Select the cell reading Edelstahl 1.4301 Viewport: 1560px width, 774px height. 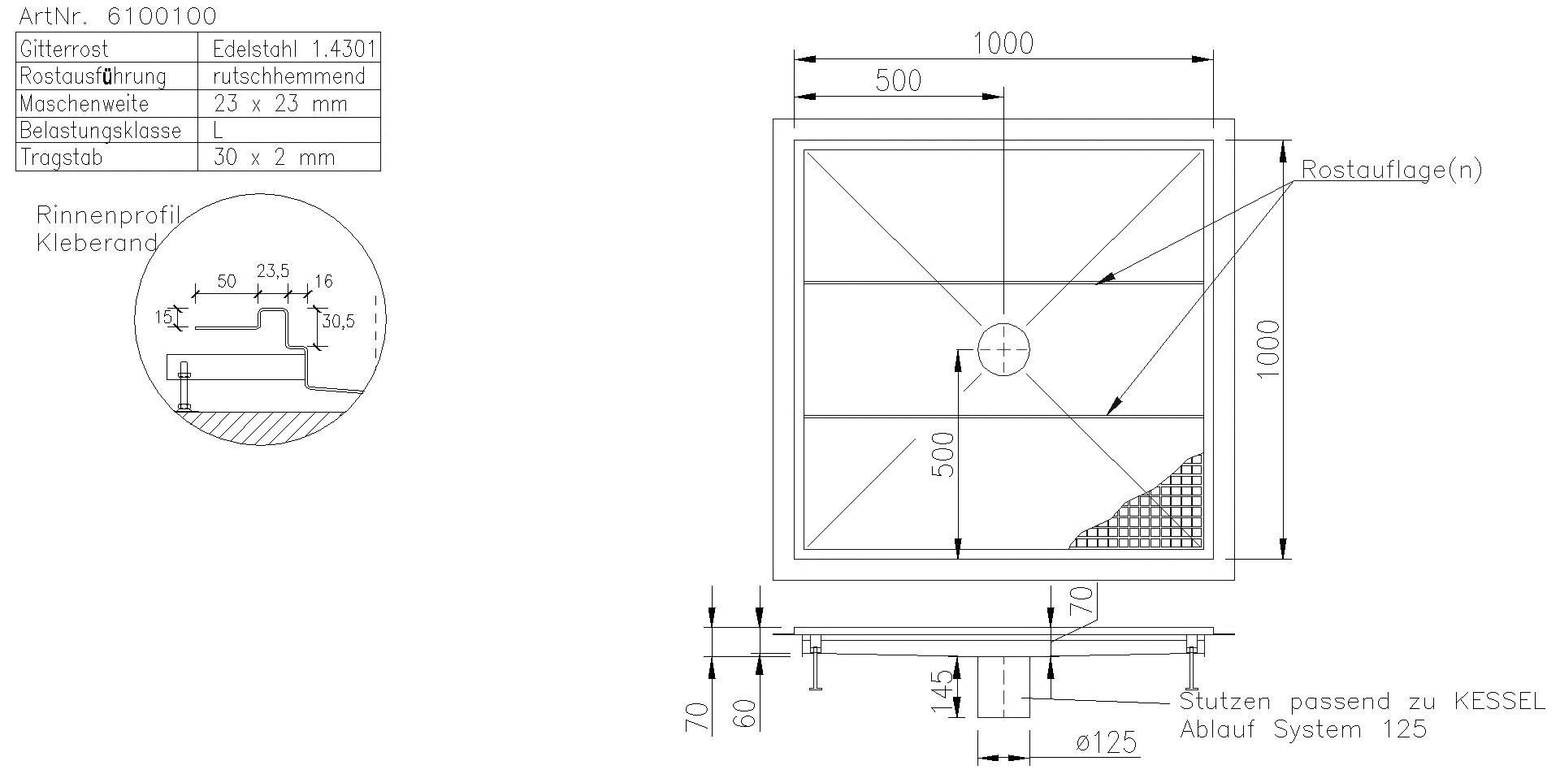coord(293,49)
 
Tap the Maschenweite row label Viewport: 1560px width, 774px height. coord(84,104)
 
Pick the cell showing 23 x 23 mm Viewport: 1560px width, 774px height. coord(279,104)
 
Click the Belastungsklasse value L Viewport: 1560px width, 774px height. coord(218,130)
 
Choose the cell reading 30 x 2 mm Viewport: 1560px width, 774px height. coord(274,158)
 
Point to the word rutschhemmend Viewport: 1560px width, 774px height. coord(288,76)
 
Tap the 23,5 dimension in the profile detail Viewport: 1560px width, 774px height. coord(273,271)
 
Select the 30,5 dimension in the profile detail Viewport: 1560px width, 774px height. coord(338,321)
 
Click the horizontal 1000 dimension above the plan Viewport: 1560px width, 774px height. coord(1003,43)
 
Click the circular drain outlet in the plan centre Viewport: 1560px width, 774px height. coord(1003,350)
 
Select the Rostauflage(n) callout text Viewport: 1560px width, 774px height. coord(1391,170)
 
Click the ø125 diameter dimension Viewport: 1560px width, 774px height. coord(1104,742)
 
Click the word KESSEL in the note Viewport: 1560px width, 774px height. coord(1498,702)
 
